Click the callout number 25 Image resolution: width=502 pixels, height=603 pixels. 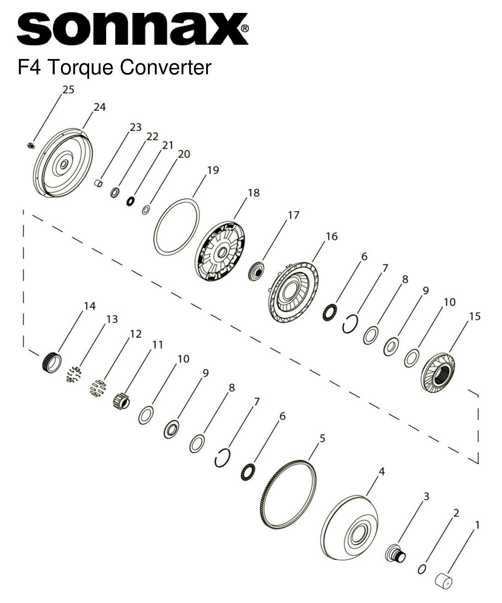coord(68,90)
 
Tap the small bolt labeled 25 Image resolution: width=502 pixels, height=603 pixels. coord(31,145)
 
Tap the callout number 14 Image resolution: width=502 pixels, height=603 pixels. coord(89,306)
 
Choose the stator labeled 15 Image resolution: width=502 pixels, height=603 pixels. coord(438,373)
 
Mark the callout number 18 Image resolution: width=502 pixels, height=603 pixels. coord(254,192)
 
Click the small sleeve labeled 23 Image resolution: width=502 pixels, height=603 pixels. coord(99,183)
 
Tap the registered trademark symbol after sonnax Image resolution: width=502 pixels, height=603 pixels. coord(245,29)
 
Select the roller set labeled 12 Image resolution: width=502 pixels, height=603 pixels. coord(98,388)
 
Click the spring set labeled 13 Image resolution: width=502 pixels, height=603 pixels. coord(74,374)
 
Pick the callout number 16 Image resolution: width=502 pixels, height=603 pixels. coord(332,236)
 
